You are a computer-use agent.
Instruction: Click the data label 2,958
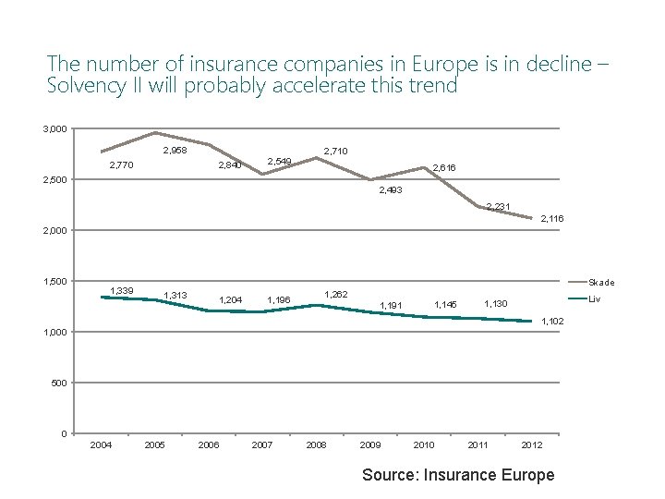(x=175, y=151)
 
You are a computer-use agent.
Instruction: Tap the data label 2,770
(x=122, y=165)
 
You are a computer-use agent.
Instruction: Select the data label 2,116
(x=552, y=218)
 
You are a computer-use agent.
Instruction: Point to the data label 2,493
(x=391, y=189)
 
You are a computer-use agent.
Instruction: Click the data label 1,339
(x=122, y=291)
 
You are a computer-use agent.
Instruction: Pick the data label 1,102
(x=552, y=321)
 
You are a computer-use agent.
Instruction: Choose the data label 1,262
(x=336, y=294)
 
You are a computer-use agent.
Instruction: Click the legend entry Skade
(x=601, y=283)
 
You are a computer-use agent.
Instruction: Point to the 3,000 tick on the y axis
(x=54, y=128)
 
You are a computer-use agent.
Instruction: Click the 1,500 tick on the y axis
(x=54, y=281)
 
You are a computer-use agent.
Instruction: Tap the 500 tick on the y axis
(x=58, y=383)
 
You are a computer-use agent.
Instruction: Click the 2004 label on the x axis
(x=101, y=445)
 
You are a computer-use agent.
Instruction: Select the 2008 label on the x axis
(x=316, y=445)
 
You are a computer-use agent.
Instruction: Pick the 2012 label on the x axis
(x=531, y=445)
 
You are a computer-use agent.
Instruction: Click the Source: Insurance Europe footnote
(x=458, y=474)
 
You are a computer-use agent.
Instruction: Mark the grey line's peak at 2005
(x=155, y=132)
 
